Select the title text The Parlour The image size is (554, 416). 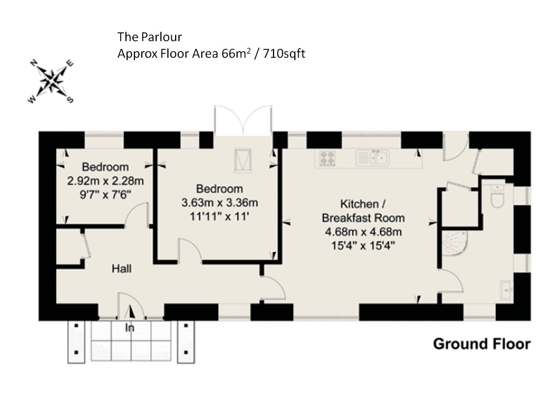click(149, 37)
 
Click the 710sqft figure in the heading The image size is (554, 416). click(284, 53)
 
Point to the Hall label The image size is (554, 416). click(121, 269)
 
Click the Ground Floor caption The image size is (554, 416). click(482, 344)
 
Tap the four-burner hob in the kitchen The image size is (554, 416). click(327, 158)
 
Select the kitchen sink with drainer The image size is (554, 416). click(372, 158)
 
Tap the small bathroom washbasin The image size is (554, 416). click(507, 290)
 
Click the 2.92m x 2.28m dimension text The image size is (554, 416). click(105, 181)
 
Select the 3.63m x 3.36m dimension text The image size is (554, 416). click(220, 203)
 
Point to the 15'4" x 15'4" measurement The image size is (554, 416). click(363, 245)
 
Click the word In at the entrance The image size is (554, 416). click(129, 328)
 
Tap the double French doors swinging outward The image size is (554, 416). click(243, 120)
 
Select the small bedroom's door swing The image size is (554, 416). click(136, 213)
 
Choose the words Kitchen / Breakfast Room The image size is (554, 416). click(363, 211)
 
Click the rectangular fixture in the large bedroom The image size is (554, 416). click(243, 160)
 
